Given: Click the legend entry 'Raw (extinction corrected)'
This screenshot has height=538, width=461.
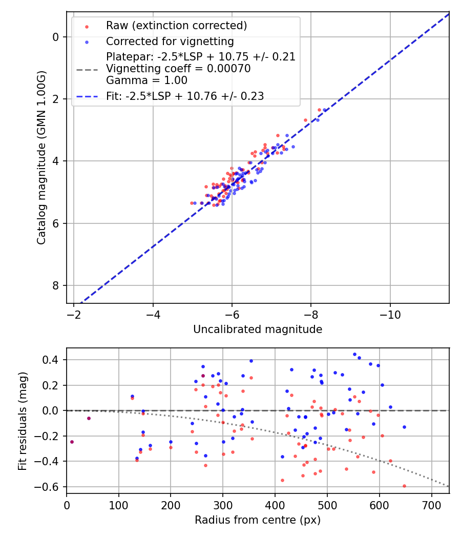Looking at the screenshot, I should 176,26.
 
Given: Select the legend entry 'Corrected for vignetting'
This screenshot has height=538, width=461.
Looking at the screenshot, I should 170,42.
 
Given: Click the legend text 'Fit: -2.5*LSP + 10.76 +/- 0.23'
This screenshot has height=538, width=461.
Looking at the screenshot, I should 185,96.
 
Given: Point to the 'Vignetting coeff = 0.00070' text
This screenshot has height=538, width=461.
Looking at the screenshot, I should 178,69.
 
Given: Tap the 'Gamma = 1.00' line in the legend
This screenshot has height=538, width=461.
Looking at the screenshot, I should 146,80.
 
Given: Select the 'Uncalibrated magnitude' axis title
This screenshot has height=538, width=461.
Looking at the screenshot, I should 258,329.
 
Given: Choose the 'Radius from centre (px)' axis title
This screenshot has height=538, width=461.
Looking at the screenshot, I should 258,520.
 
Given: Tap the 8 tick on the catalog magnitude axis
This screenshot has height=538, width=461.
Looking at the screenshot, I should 56,285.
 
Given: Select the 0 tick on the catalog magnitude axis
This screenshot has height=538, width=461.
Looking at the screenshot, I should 56,37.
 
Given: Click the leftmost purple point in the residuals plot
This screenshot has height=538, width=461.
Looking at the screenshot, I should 72,442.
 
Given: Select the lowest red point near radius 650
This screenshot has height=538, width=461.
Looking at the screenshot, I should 404,486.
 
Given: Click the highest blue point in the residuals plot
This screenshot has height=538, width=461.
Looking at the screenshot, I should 354,354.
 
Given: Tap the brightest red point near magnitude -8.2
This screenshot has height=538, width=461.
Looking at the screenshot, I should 319,110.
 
